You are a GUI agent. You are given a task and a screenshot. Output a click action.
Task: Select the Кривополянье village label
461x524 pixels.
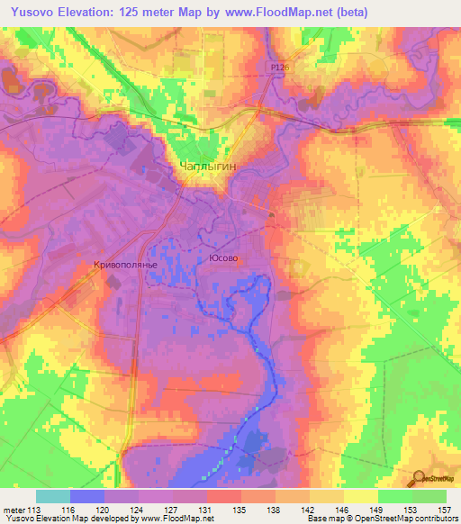pos(125,265)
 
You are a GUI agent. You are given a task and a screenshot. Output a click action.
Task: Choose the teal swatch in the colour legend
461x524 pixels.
pos(52,496)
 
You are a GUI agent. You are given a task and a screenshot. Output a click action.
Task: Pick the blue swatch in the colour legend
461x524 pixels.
pos(86,496)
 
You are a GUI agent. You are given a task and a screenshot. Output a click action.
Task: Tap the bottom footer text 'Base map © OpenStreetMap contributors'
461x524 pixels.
pos(380,519)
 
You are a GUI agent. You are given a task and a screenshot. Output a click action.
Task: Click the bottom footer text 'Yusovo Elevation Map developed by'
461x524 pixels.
pos(66,519)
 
